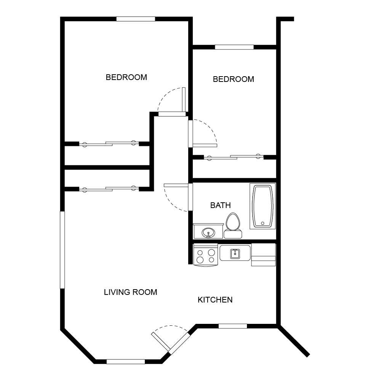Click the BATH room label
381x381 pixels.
point(220,205)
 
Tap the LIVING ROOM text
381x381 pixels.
point(130,292)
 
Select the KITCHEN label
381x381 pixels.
point(215,300)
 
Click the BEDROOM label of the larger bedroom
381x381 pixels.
point(126,77)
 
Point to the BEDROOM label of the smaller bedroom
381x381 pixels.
point(233,79)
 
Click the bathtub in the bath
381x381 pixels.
point(263,206)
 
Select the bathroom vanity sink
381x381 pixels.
point(208,232)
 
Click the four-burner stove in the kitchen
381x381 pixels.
point(205,255)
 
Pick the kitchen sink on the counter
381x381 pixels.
point(235,253)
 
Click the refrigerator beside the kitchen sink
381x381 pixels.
point(263,255)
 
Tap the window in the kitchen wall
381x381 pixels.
point(232,326)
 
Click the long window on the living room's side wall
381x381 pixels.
point(62,250)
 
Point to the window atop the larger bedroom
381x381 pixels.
point(136,19)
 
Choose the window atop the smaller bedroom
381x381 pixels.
point(234,47)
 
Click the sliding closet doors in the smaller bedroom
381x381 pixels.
point(234,157)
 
